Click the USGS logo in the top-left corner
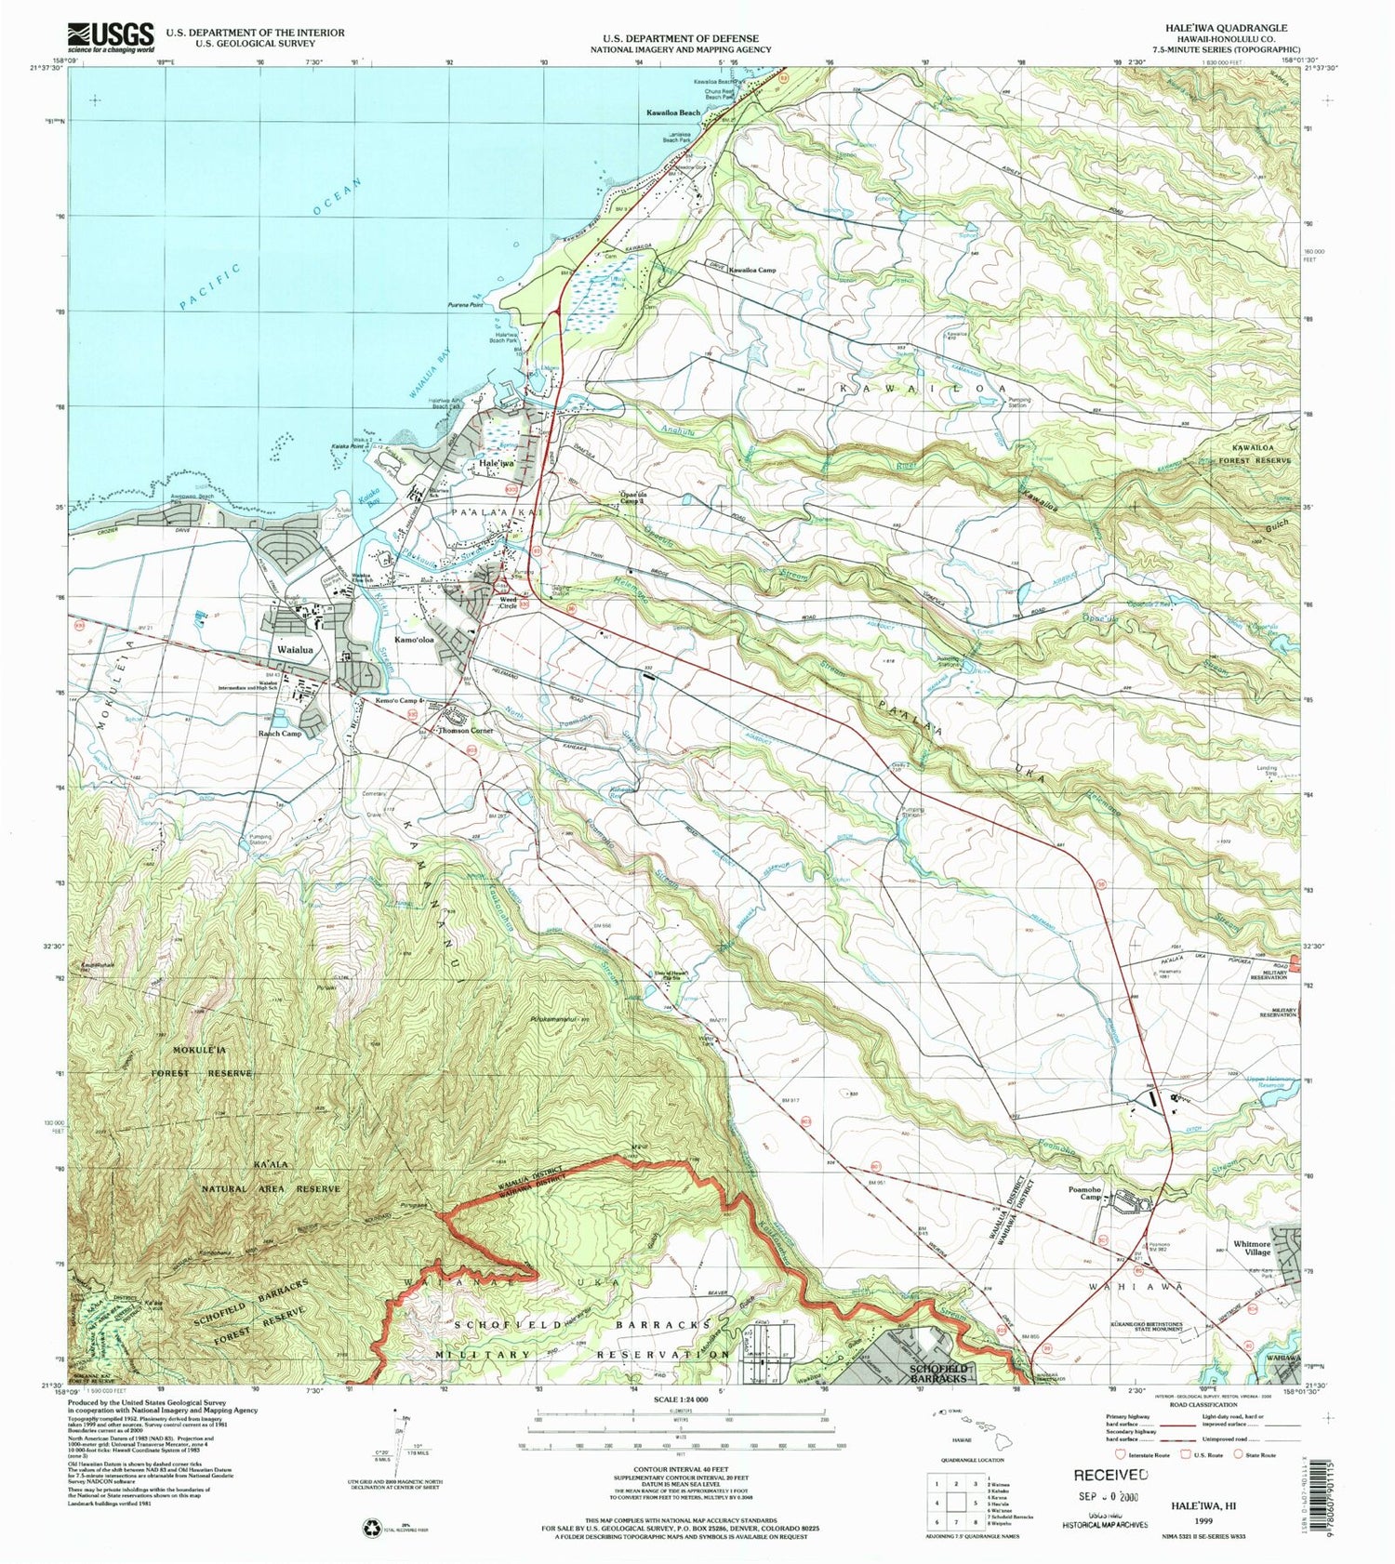110,36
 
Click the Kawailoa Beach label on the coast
673,113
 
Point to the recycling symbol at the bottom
371,1526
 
